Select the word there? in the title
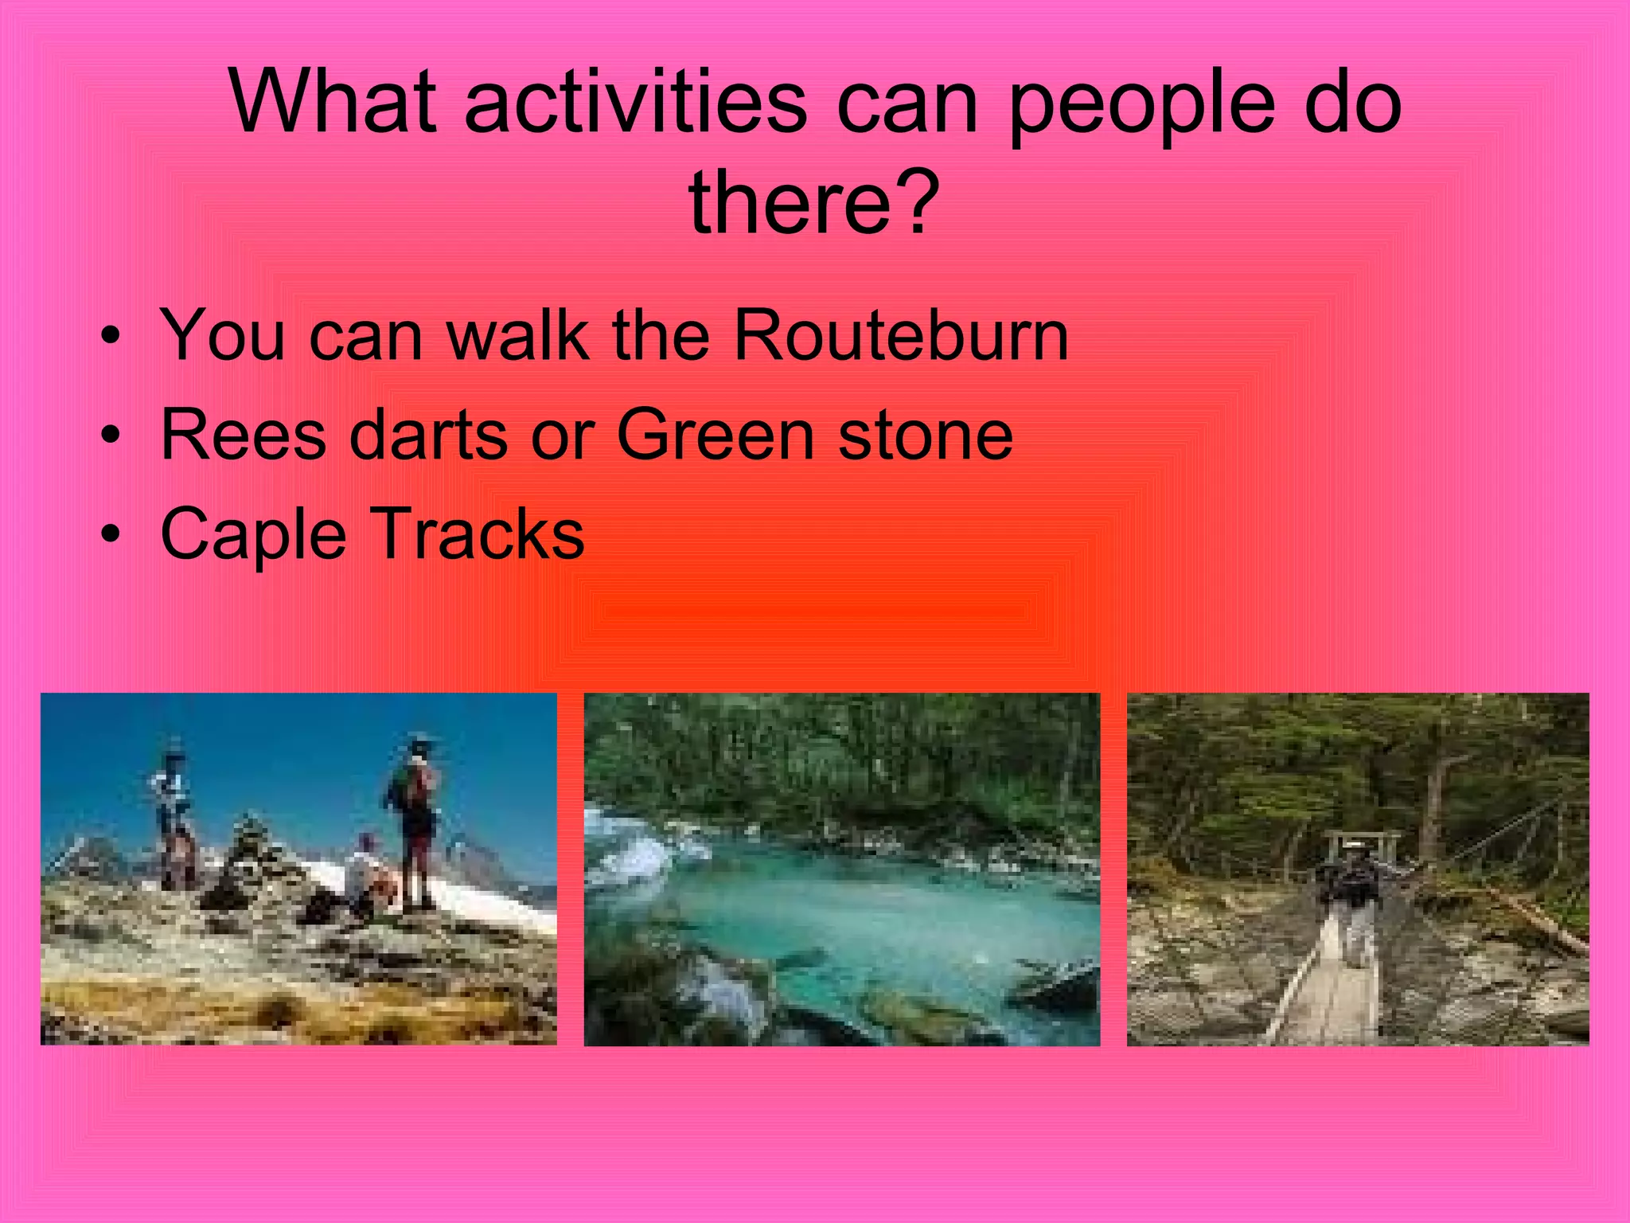814,204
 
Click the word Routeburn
901,336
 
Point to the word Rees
244,436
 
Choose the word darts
428,436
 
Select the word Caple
254,535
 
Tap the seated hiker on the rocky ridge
368,876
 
